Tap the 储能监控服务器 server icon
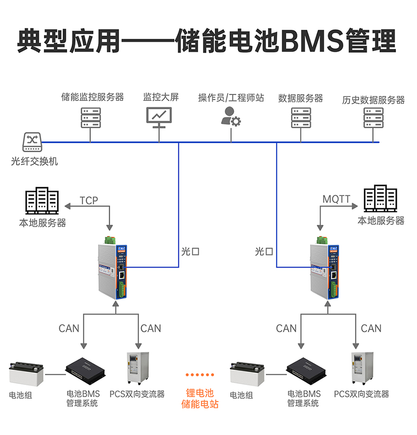pos(91,118)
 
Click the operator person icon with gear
pos(230,117)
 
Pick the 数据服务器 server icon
pos(301,118)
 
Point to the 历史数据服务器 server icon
pos(373,118)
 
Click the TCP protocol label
pos(89,200)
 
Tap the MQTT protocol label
pos(336,199)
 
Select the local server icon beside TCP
pos(42,201)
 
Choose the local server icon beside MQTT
pos(380,199)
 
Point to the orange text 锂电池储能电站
pos(200,398)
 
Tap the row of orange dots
pos(200,374)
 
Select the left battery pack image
pos(26,374)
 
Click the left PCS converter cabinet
pos(138,368)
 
